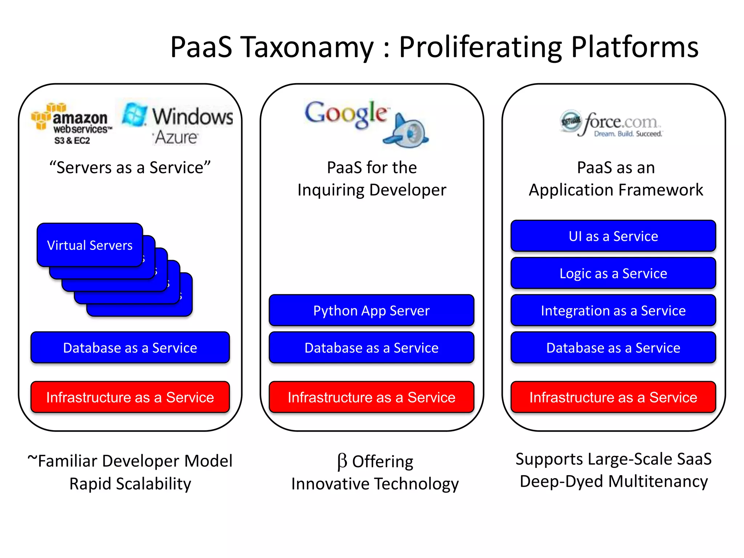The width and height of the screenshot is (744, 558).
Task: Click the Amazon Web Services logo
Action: pos(72,124)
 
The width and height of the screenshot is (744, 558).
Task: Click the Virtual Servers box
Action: pos(90,245)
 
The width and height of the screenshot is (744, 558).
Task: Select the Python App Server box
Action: pos(371,311)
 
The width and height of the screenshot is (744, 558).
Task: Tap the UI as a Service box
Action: pos(613,236)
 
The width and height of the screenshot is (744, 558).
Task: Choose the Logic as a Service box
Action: pos(613,273)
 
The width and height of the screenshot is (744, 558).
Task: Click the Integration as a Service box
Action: pos(613,311)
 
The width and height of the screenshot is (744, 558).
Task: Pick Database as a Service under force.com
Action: pos(613,348)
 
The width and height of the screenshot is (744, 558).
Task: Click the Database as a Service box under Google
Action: pos(371,348)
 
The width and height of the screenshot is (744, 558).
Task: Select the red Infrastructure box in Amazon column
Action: pos(130,397)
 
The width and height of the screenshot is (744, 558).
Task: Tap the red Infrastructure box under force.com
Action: pos(613,397)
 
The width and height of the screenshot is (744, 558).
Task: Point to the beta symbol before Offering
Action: pos(342,461)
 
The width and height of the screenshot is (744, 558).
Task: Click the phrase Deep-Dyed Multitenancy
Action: pos(614,481)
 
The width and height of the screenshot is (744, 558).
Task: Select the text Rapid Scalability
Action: pos(130,484)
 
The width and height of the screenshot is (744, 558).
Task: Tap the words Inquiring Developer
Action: pos(372,190)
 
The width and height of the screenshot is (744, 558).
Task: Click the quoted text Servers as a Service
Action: pos(130,168)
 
